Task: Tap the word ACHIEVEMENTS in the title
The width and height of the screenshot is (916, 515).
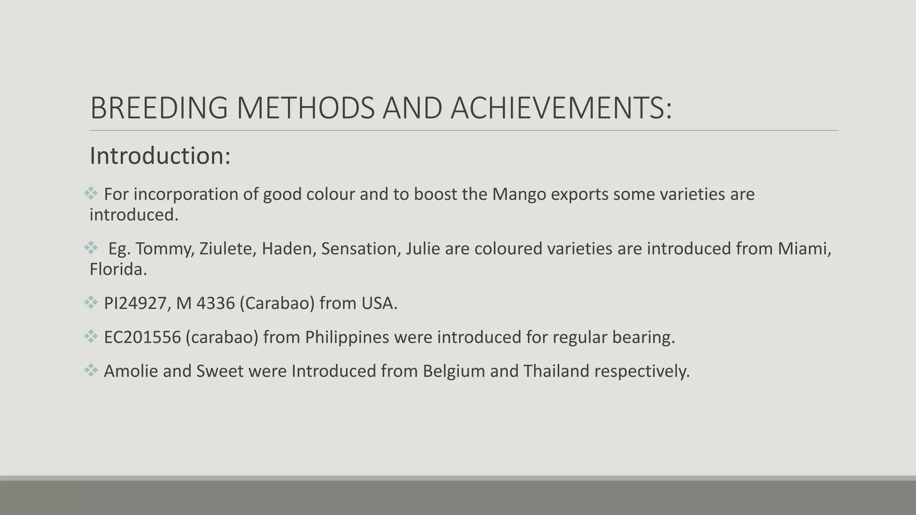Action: (x=561, y=108)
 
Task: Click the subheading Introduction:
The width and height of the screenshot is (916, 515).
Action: (x=160, y=156)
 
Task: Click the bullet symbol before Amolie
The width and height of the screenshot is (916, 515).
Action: (x=91, y=370)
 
